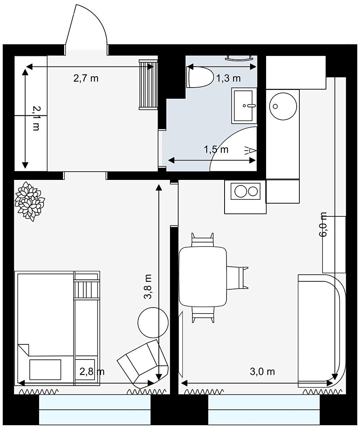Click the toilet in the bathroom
tap(200, 77)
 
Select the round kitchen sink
tap(283, 106)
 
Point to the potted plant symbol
tap(29, 201)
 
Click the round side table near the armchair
tap(153, 322)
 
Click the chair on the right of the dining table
tap(237, 277)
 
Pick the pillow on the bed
tap(45, 370)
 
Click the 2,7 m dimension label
tap(86, 78)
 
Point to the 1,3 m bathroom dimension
tap(229, 78)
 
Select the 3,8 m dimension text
tap(148, 287)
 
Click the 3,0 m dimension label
tap(262, 371)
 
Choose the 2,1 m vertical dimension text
tap(36, 118)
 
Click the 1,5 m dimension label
tap(216, 149)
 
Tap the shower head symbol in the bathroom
tap(250, 150)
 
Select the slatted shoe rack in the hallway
tap(149, 85)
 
